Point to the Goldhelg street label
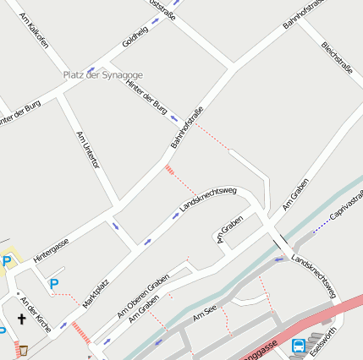[x=135, y=36]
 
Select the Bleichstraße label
[x=337, y=55]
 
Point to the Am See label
[x=205, y=314]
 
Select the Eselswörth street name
[x=323, y=341]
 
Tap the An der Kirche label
[x=36, y=314]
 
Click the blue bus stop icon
[x=299, y=345]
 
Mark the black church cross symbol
[x=20, y=319]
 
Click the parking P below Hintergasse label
[x=54, y=284]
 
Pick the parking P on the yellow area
[x=7, y=261]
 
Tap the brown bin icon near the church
[x=23, y=350]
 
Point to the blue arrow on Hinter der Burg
[x=173, y=117]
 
